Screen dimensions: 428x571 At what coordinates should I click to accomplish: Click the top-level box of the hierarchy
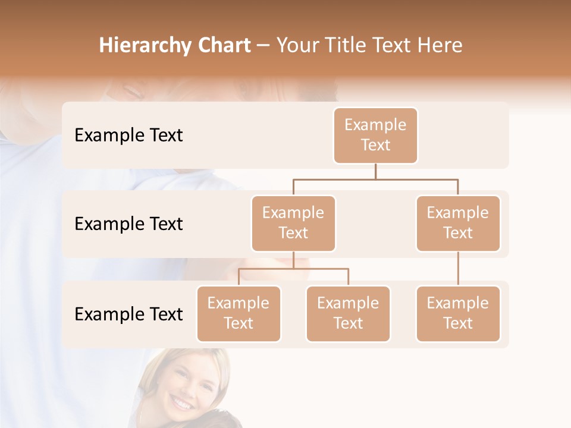[x=375, y=135]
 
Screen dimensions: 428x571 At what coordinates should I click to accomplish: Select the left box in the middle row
[x=293, y=223]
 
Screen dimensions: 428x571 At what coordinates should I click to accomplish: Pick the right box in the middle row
[x=458, y=223]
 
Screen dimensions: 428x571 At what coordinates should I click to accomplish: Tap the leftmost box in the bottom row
[x=239, y=313]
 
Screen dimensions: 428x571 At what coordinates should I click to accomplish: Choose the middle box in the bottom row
[x=348, y=313]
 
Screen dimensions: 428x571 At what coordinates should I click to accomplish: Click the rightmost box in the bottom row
[x=458, y=313]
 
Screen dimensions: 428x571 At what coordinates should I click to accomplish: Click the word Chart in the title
[x=224, y=46]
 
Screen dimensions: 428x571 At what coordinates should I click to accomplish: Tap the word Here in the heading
[x=440, y=46]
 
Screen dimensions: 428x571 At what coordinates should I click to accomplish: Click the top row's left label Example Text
[x=128, y=136]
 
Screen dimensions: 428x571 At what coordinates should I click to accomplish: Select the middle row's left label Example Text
[x=128, y=224]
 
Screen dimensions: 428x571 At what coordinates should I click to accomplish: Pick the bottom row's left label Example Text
[x=128, y=314]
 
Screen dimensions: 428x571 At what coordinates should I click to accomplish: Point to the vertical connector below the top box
[x=375, y=171]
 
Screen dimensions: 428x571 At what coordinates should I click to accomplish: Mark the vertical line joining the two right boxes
[x=458, y=269]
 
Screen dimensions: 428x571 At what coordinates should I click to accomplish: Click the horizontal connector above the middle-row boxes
[x=375, y=179]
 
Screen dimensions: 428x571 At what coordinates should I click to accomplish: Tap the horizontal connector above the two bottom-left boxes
[x=293, y=269]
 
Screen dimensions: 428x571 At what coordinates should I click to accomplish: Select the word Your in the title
[x=296, y=46]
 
